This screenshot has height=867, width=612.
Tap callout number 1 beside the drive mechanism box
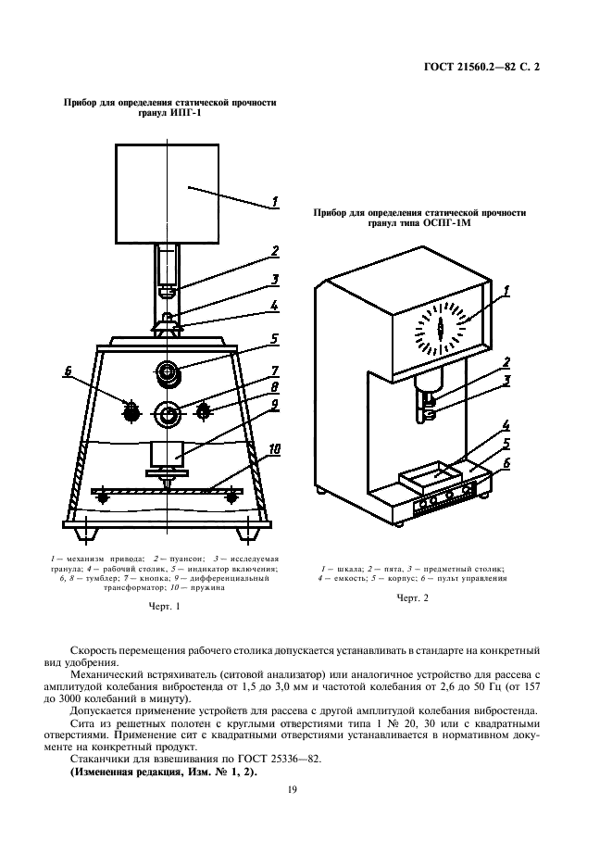[275, 198]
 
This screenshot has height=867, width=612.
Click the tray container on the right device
[429, 477]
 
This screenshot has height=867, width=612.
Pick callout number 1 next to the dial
[506, 294]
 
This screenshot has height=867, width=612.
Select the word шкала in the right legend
[348, 567]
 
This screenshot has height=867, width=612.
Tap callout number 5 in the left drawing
[275, 339]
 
